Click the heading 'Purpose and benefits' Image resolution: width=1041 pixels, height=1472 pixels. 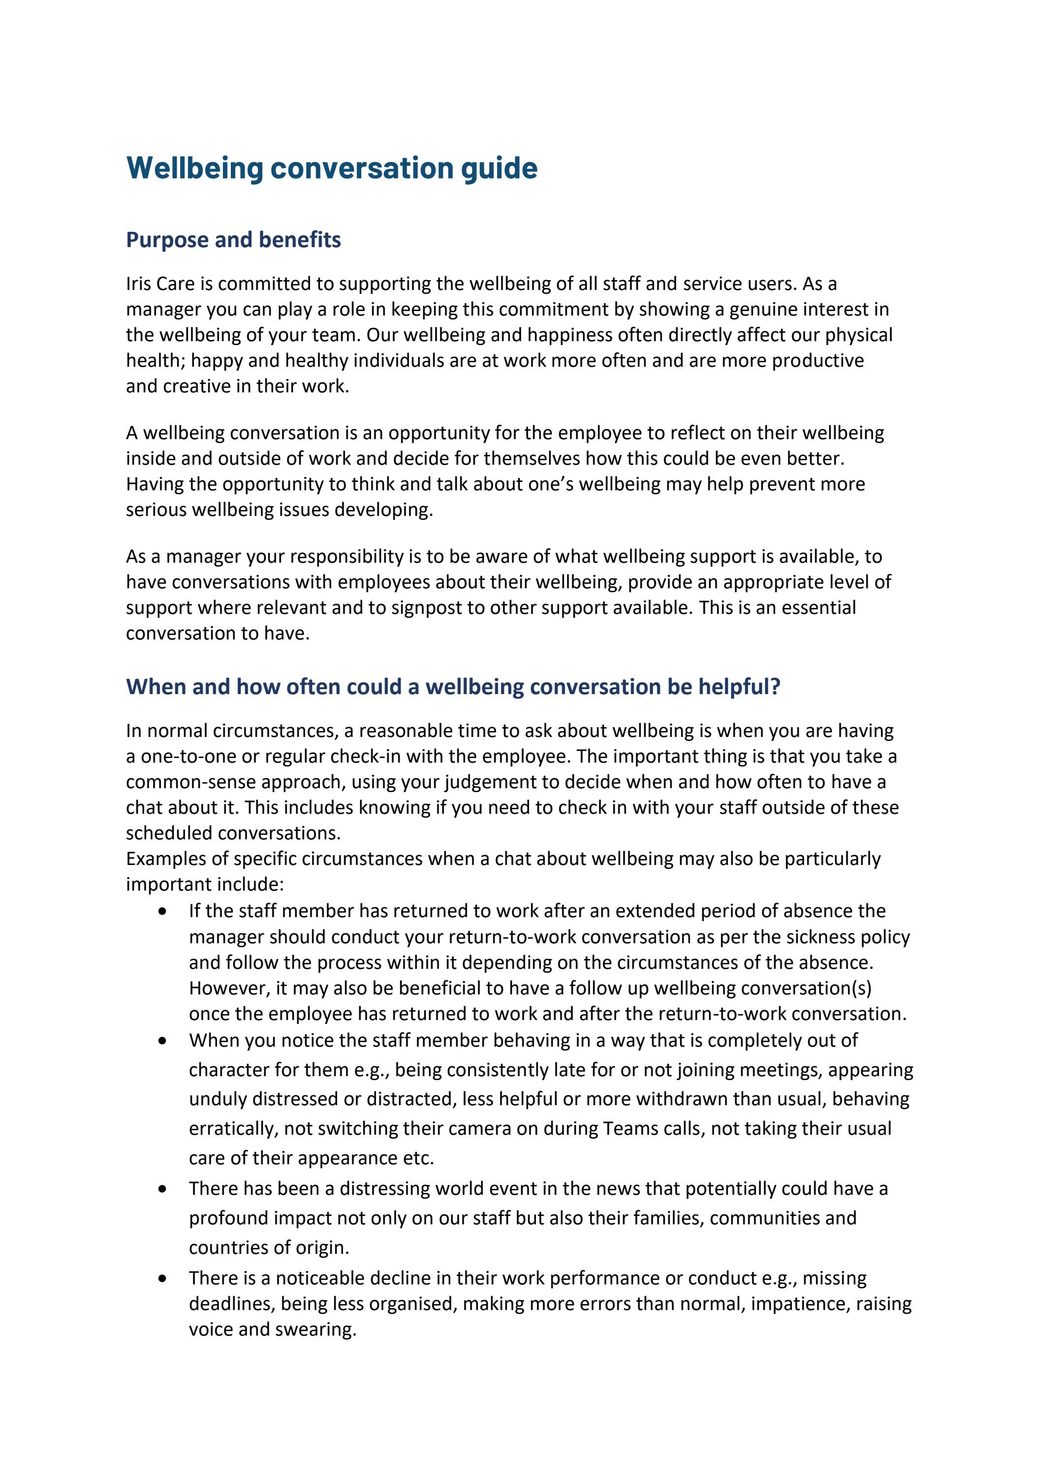pos(233,240)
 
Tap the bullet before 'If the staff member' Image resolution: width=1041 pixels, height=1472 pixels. pos(163,911)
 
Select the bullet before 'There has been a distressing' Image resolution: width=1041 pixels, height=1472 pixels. pos(163,1188)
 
